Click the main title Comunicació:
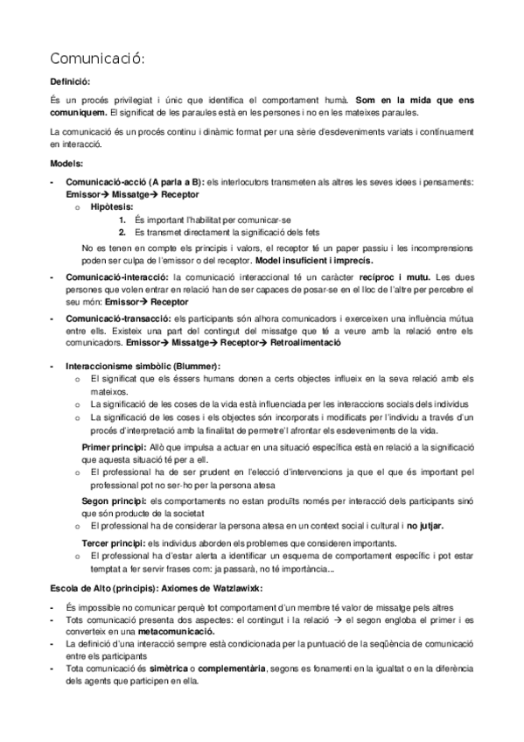pyautogui.click(x=96, y=59)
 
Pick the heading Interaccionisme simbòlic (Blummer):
pyautogui.click(x=143, y=365)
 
